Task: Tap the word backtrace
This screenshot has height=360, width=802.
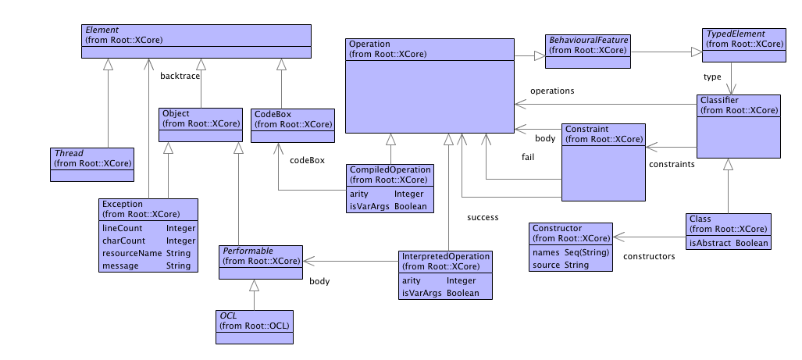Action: pyautogui.click(x=180, y=76)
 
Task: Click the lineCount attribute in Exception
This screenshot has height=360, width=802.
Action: pyautogui.click(x=120, y=229)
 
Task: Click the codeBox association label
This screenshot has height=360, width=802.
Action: pyautogui.click(x=307, y=161)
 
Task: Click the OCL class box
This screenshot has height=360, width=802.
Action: pyautogui.click(x=256, y=326)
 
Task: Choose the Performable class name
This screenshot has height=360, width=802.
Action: pyautogui.click(x=248, y=250)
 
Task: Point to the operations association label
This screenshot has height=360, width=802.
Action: pyautogui.click(x=552, y=91)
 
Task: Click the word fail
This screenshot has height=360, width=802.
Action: pyautogui.click(x=528, y=156)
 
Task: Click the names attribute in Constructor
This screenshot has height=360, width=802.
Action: pyautogui.click(x=545, y=253)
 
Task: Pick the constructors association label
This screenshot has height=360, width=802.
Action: pyautogui.click(x=649, y=255)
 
